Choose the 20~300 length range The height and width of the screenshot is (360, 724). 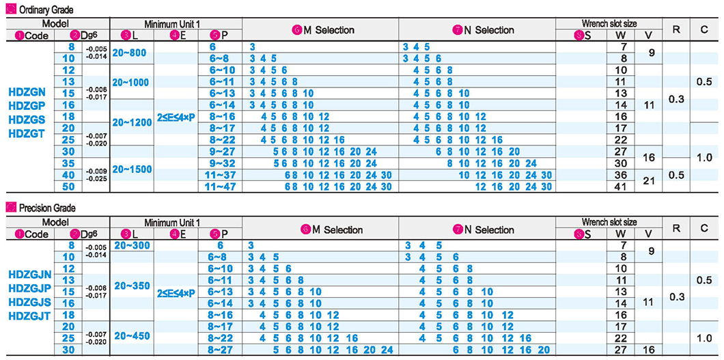[133, 245]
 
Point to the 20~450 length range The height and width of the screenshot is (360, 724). [133, 335]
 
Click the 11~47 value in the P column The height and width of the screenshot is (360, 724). [219, 186]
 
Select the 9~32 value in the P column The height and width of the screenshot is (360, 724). [219, 163]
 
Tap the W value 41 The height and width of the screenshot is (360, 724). [621, 186]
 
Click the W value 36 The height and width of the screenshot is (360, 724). [621, 174]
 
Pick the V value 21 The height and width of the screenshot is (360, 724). [648, 180]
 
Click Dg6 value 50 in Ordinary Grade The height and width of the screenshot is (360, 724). [68, 186]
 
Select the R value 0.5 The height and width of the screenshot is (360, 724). [676, 175]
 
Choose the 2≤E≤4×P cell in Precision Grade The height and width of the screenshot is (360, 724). [176, 292]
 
